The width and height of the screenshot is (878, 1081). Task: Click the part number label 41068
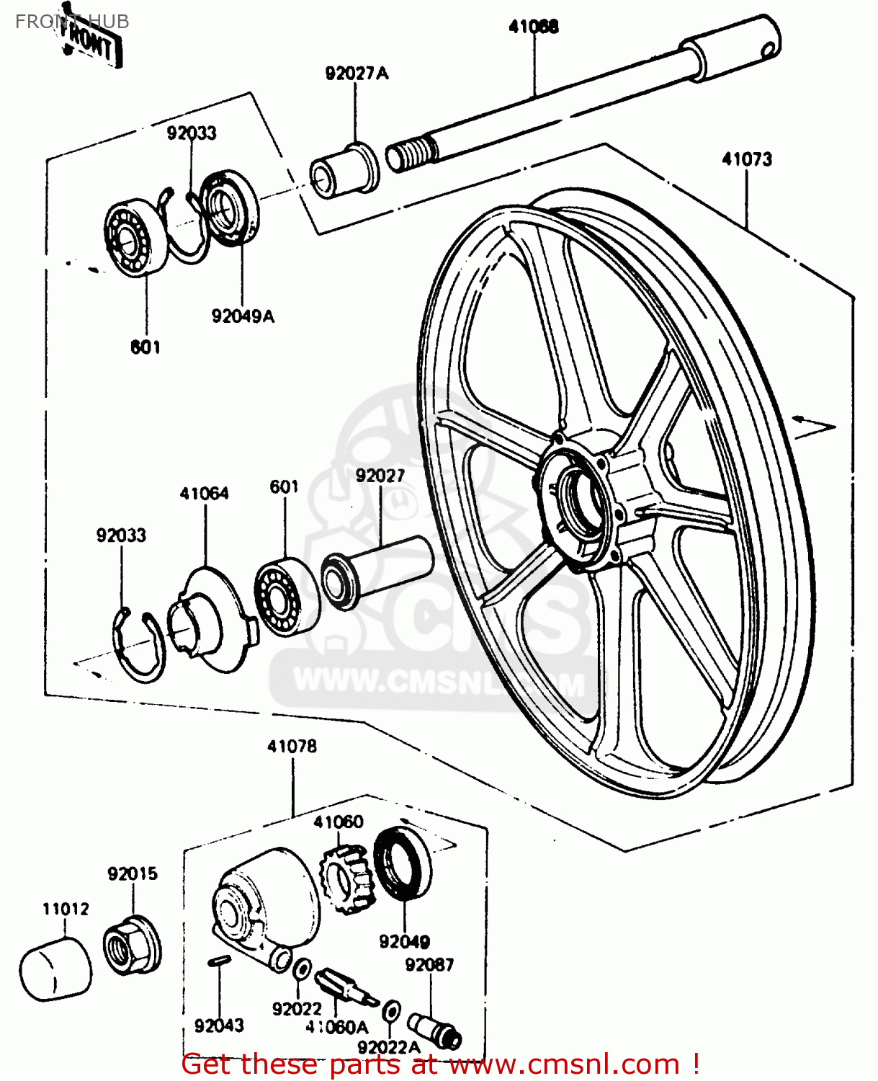(533, 27)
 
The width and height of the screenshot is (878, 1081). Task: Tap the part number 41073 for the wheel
(747, 159)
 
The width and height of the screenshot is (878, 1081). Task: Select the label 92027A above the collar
(357, 74)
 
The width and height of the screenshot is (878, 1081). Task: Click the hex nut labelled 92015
(132, 944)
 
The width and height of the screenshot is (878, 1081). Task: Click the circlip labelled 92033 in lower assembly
(139, 645)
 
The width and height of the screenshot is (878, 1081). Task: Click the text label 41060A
(336, 1027)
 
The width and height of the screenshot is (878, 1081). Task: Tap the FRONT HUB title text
(72, 22)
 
